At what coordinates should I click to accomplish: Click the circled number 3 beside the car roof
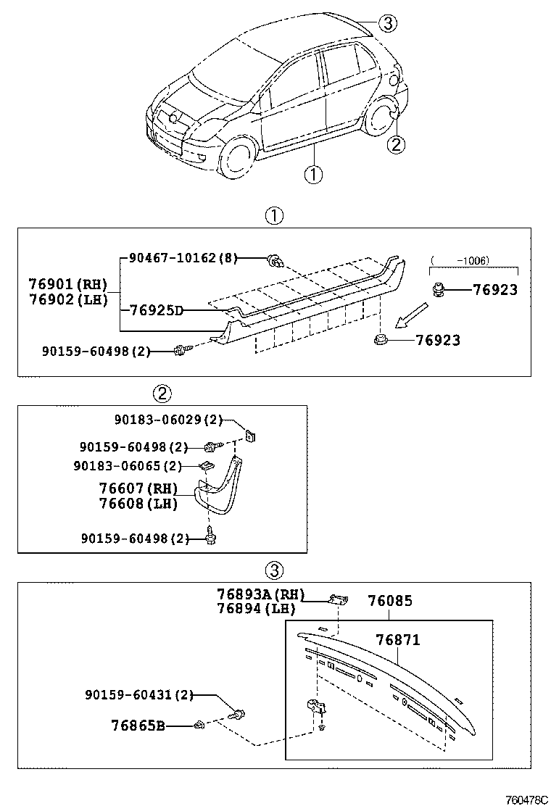pyautogui.click(x=388, y=24)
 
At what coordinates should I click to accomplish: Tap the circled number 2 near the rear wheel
pyautogui.click(x=395, y=145)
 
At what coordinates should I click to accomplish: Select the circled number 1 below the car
pyautogui.click(x=312, y=174)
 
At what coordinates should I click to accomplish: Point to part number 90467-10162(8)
pyautogui.click(x=183, y=257)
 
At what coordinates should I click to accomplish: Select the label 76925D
pyautogui.click(x=156, y=310)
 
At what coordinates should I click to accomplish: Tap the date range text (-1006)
pyautogui.click(x=459, y=260)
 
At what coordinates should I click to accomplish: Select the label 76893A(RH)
pyautogui.click(x=259, y=594)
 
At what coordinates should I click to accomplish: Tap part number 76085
pyautogui.click(x=389, y=601)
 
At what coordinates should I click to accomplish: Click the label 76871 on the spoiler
pyautogui.click(x=397, y=640)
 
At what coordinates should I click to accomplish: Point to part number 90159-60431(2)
pyautogui.click(x=139, y=695)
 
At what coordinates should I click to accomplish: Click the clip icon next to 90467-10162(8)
pyautogui.click(x=275, y=259)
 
